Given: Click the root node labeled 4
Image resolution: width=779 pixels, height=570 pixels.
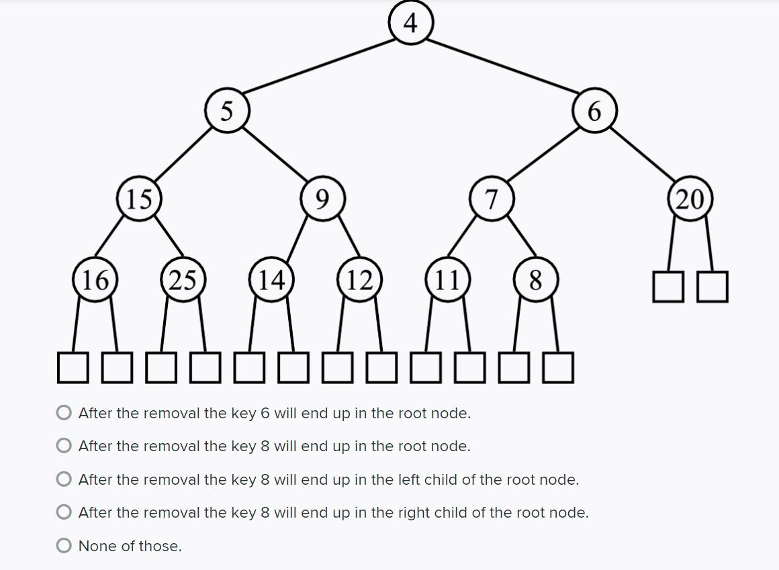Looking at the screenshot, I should click(411, 23).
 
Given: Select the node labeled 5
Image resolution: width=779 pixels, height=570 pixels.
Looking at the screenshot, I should click(228, 110).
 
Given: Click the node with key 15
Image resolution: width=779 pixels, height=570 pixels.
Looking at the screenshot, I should click(139, 199).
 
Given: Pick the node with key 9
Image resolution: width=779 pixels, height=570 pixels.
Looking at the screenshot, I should click(323, 199).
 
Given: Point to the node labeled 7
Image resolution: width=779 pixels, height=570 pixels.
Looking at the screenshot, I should click(492, 199).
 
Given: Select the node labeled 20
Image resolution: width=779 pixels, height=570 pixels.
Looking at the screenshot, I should click(690, 199).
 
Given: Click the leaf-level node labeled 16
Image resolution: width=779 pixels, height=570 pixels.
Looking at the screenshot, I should click(95, 279).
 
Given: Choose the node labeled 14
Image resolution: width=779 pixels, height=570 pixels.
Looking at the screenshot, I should click(271, 279).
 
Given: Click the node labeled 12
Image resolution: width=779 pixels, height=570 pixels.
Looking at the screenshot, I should click(359, 279).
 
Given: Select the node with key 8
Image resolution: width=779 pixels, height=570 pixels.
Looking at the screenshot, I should click(535, 279).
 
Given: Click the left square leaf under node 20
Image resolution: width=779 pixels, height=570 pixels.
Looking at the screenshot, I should click(668, 287).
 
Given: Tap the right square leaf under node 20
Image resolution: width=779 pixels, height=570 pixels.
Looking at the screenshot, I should click(712, 287).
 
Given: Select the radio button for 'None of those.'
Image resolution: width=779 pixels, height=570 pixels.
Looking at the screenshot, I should click(64, 546).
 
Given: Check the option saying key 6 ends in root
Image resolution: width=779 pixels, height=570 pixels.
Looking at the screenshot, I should click(64, 413).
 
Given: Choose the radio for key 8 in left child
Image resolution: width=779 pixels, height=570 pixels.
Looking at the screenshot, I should click(64, 479).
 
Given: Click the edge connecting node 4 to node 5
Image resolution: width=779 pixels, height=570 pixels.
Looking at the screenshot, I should click(319, 66).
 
